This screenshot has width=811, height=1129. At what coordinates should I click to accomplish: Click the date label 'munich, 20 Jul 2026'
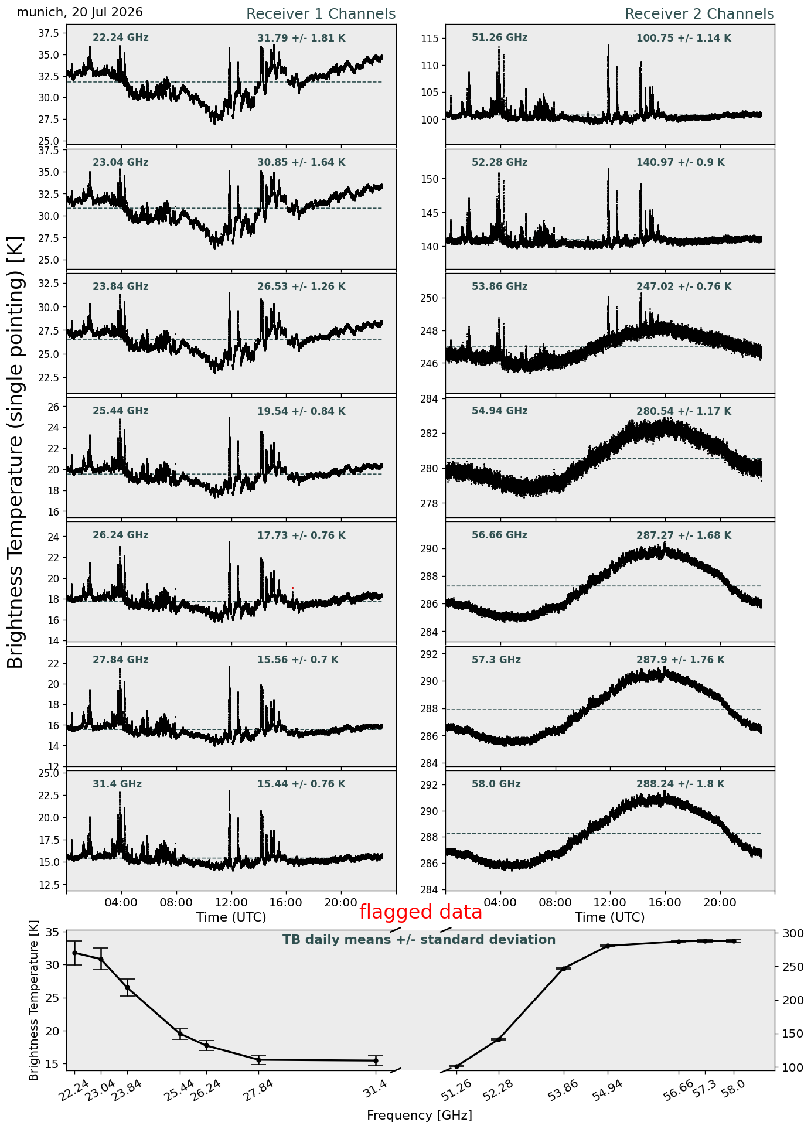80,12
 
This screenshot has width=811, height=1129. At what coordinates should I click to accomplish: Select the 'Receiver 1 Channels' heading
321,14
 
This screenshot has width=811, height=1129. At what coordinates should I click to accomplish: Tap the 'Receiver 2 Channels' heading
699,14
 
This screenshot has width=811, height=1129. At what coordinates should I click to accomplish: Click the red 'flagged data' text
421,912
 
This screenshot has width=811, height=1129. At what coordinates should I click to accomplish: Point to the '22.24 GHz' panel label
121,38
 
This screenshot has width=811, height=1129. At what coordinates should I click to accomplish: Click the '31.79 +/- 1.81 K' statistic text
301,39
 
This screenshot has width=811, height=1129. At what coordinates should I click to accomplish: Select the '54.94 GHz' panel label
499,411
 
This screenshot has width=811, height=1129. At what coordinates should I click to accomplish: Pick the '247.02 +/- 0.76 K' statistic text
684,287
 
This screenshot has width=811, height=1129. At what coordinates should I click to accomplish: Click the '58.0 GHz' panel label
496,784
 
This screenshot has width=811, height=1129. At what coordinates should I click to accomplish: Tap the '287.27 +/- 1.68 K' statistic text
684,535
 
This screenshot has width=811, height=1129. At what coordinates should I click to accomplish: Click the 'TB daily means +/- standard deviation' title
419,940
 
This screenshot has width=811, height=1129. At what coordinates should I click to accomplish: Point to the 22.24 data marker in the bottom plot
74,953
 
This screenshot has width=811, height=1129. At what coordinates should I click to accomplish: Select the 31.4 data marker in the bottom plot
376,1060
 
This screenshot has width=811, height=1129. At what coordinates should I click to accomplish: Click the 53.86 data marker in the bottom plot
564,968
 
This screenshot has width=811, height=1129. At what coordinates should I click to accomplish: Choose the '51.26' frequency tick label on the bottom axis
456,1090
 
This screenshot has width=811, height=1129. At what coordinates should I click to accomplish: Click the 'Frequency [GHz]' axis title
419,1115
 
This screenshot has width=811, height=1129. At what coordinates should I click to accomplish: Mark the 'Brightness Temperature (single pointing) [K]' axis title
15,452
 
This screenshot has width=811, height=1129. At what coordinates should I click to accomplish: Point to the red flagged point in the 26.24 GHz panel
292,588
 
